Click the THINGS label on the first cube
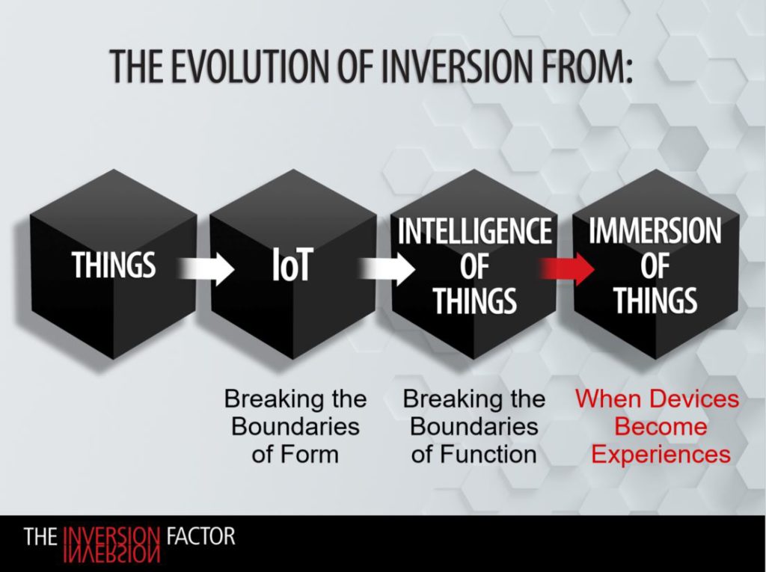point(114,265)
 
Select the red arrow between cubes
point(567,268)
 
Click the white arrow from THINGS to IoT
point(206,268)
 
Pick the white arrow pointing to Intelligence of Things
point(387,268)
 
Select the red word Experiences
point(661,455)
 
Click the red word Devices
point(697,399)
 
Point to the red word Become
point(661,427)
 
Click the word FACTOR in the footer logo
point(200,536)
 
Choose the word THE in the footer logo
point(40,536)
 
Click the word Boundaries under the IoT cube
point(295,427)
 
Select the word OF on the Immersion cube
point(655,266)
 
